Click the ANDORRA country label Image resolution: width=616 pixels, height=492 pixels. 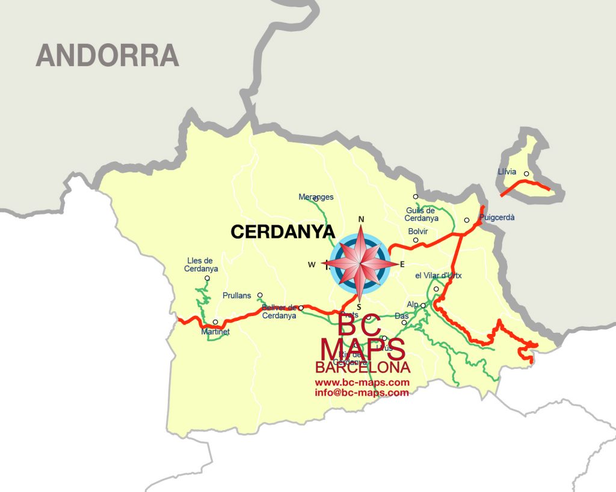pyautogui.click(x=108, y=56)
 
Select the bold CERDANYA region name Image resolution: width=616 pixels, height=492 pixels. pyautogui.click(x=282, y=232)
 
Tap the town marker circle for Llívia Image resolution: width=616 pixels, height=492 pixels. pyautogui.click(x=526, y=174)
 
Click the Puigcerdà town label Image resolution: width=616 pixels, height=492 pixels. pyautogui.click(x=497, y=218)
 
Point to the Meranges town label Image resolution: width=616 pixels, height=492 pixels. pyautogui.click(x=316, y=197)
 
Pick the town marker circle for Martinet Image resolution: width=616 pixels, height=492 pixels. pyautogui.click(x=215, y=322)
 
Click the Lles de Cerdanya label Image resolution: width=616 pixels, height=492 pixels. pyautogui.click(x=201, y=265)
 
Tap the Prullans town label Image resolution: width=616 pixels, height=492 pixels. pyautogui.click(x=236, y=296)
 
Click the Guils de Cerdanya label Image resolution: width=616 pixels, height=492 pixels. pyautogui.click(x=421, y=214)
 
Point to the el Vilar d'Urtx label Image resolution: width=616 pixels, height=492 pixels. pyautogui.click(x=438, y=276)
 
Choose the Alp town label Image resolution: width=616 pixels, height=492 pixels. pyautogui.click(x=412, y=305)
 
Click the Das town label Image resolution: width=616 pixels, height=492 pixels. pyautogui.click(x=401, y=316)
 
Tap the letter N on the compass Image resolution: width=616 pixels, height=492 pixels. pyautogui.click(x=362, y=219)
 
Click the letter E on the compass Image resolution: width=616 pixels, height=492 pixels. pyautogui.click(x=402, y=264)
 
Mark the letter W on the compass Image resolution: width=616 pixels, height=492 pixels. pyautogui.click(x=311, y=264)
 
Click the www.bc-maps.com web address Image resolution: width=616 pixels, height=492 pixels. pyautogui.click(x=362, y=383)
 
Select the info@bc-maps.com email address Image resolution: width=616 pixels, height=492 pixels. pyautogui.click(x=362, y=393)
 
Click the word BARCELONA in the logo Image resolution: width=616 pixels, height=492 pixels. pyautogui.click(x=363, y=368)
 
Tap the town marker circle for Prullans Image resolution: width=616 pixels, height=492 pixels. pyautogui.click(x=260, y=295)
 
